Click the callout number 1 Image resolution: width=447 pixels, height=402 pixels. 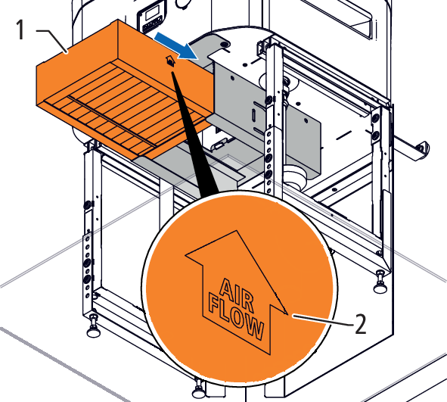[x=20, y=30]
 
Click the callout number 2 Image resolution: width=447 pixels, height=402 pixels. [x=360, y=324]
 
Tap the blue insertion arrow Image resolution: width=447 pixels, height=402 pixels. [x=175, y=45]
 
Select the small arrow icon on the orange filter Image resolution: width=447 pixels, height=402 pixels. [x=170, y=61]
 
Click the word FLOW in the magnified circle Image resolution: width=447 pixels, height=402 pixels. [x=236, y=316]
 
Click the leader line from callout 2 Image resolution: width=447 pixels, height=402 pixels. [x=323, y=319]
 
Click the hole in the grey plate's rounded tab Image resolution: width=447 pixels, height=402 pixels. [x=225, y=44]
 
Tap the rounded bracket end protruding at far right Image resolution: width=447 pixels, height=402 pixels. [x=423, y=149]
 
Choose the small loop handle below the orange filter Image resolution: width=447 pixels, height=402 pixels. [x=219, y=145]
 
